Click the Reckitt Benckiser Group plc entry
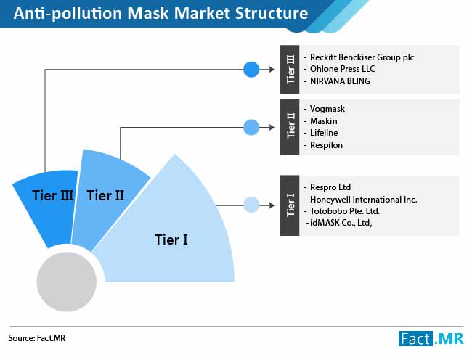tap(362, 57)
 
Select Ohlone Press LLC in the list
tap(342, 69)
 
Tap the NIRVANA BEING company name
tap(340, 81)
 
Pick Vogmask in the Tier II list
tap(327, 109)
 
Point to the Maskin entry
tap(324, 121)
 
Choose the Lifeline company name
tap(324, 133)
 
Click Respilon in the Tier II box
tap(326, 145)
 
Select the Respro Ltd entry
tap(330, 187)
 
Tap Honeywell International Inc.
tap(364, 200)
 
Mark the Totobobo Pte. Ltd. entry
tap(345, 211)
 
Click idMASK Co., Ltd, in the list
tap(341, 223)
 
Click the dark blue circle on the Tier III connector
tap(251, 70)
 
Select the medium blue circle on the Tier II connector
tap(251, 127)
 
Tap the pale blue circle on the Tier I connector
tap(251, 205)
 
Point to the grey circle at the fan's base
tap(67, 282)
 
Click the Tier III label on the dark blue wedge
tap(53, 195)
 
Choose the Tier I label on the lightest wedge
tap(171, 240)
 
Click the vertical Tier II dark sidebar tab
tap(290, 128)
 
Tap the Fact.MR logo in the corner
tap(431, 339)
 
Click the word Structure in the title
tap(272, 13)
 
